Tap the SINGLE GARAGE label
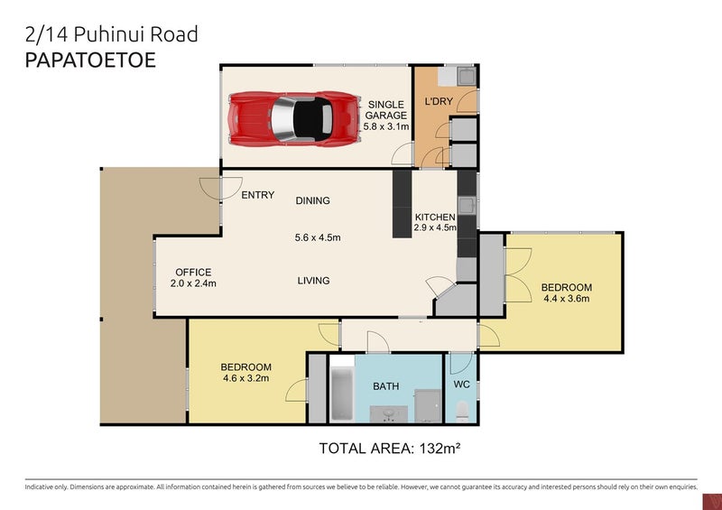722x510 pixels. [385, 110]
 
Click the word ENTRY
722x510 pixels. [257, 196]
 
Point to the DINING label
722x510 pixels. [312, 200]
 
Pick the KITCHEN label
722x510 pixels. [435, 218]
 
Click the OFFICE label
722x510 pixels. [193, 273]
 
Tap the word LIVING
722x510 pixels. [313, 281]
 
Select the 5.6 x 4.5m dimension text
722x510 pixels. [317, 238]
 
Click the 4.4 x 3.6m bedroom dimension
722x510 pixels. [566, 300]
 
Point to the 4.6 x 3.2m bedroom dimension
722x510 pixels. [246, 379]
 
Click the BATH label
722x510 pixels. [386, 386]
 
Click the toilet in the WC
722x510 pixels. [461, 412]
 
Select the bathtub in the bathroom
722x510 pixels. [341, 393]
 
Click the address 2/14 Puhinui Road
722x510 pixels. [111, 35]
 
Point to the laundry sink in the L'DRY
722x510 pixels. [467, 77]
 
